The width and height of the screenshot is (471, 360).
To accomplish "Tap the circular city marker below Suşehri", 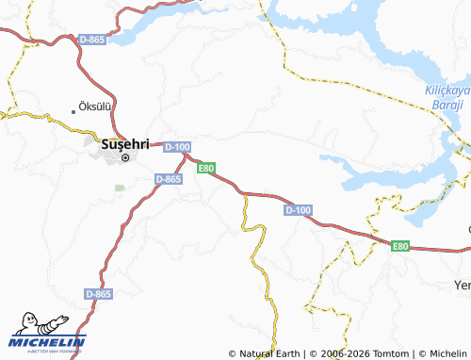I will pyautogui.click(x=125, y=157).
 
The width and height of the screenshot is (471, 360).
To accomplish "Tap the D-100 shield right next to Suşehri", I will pyautogui.click(x=177, y=147).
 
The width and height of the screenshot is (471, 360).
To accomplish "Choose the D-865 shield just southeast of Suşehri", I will pyautogui.click(x=168, y=178).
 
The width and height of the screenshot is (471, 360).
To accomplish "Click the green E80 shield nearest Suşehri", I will pyautogui.click(x=206, y=169).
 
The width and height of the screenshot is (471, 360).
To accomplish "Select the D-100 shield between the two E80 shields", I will pyautogui.click(x=297, y=210).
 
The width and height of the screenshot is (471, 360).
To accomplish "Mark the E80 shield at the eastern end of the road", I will pyautogui.click(x=401, y=246).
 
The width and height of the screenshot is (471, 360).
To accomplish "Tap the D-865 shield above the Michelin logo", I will pyautogui.click(x=98, y=294).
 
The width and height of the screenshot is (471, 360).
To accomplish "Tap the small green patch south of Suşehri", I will pyautogui.click(x=120, y=188).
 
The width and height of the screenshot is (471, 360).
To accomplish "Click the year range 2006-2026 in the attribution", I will pyautogui.click(x=338, y=353).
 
